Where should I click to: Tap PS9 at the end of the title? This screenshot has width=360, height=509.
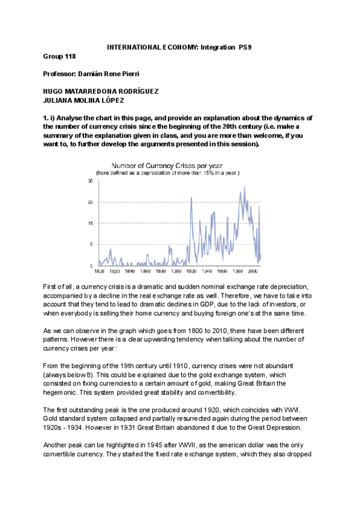(x=245, y=47)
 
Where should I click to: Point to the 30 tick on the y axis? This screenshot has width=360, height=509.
(x=91, y=181)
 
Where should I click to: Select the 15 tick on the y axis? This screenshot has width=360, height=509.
(x=91, y=223)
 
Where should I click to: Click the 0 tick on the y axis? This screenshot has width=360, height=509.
(x=92, y=265)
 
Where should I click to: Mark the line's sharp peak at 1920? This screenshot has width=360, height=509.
(x=191, y=197)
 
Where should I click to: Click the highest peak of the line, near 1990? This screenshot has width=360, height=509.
(x=244, y=187)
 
